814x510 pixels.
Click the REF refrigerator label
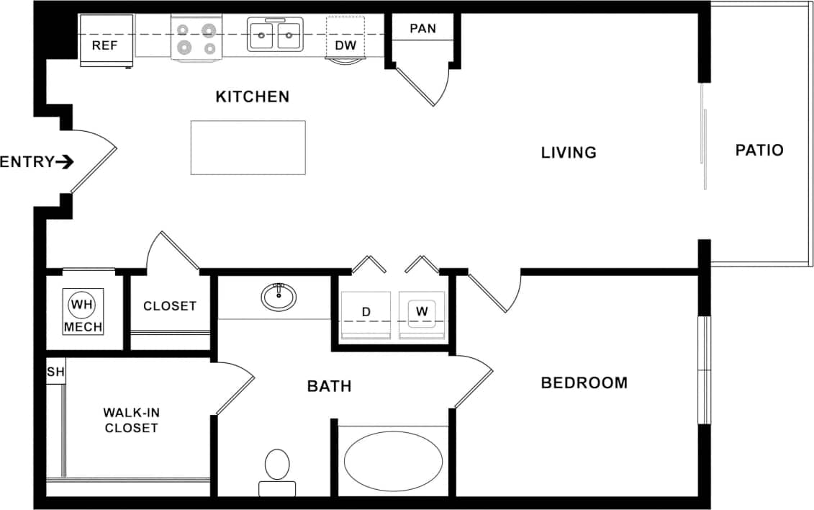[104, 46]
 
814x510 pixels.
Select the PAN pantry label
[422, 30]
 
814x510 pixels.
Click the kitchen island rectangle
[248, 147]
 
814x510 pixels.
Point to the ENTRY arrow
[65, 162]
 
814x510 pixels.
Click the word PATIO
[759, 151]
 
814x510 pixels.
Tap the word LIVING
[569, 153]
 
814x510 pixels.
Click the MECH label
[83, 327]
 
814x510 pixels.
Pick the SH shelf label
[55, 372]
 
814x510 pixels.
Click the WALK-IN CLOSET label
[131, 420]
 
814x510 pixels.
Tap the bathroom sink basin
[279, 296]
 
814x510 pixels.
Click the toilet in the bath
[277, 468]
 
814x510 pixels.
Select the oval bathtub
[393, 461]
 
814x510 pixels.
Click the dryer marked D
[366, 313]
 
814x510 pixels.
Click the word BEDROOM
[584, 383]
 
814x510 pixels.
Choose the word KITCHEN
[253, 97]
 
